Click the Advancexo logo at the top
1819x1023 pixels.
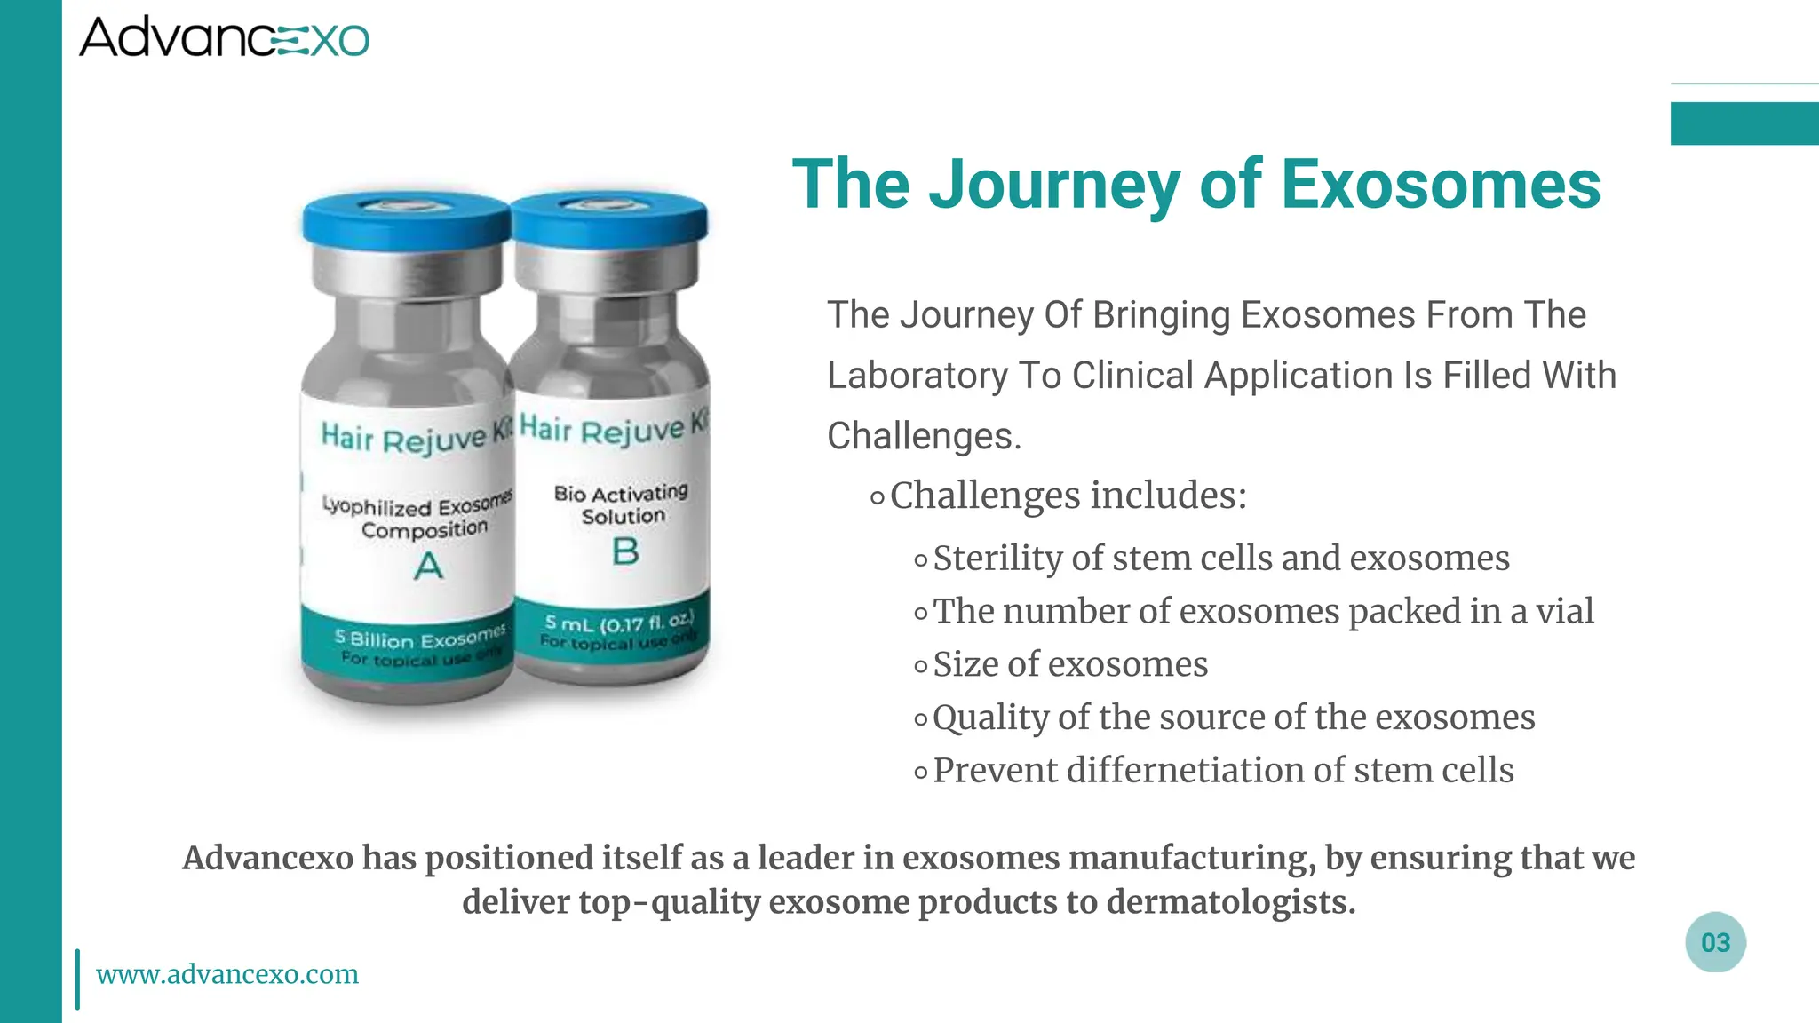click(x=224, y=37)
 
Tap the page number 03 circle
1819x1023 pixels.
click(x=1715, y=942)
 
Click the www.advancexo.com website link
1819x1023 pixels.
click(x=227, y=974)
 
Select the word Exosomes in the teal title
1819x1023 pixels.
click(x=1440, y=184)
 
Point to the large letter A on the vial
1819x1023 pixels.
click(x=428, y=566)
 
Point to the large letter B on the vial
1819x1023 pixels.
click(x=625, y=551)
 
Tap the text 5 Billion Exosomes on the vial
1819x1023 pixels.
click(x=419, y=638)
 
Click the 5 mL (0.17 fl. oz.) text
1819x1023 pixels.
click(x=619, y=622)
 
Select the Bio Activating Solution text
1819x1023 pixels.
click(x=622, y=504)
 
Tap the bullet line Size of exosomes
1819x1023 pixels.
click(x=1069, y=664)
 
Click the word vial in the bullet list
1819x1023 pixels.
click(x=1565, y=611)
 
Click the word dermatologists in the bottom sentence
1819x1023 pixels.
click(x=1230, y=902)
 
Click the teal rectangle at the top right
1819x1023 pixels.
click(x=1744, y=123)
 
